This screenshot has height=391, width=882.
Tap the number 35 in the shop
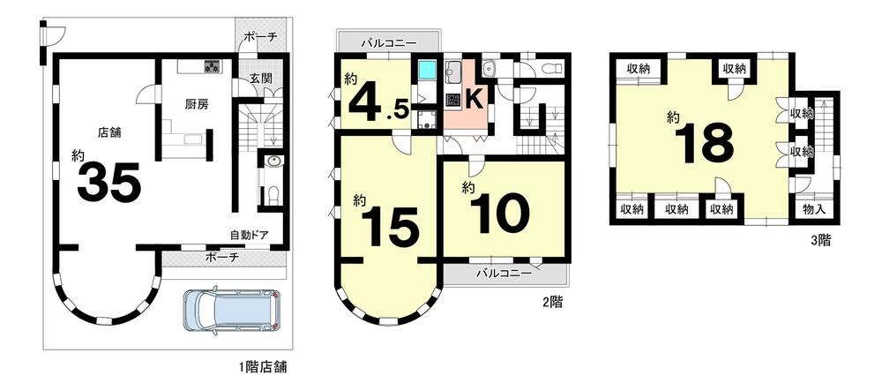[109, 183]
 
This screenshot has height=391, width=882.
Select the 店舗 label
[109, 132]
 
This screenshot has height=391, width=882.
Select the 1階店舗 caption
[263, 369]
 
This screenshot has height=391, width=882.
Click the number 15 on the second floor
[392, 228]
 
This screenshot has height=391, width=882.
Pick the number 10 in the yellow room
[501, 214]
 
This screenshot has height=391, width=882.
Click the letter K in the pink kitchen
[474, 100]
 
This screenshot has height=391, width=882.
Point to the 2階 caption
[552, 302]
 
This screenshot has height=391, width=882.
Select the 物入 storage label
[814, 209]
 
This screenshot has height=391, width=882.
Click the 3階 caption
[820, 241]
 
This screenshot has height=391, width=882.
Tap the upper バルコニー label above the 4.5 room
[388, 42]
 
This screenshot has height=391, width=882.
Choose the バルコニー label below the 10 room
[504, 274]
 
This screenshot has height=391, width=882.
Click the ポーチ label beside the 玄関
[261, 38]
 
